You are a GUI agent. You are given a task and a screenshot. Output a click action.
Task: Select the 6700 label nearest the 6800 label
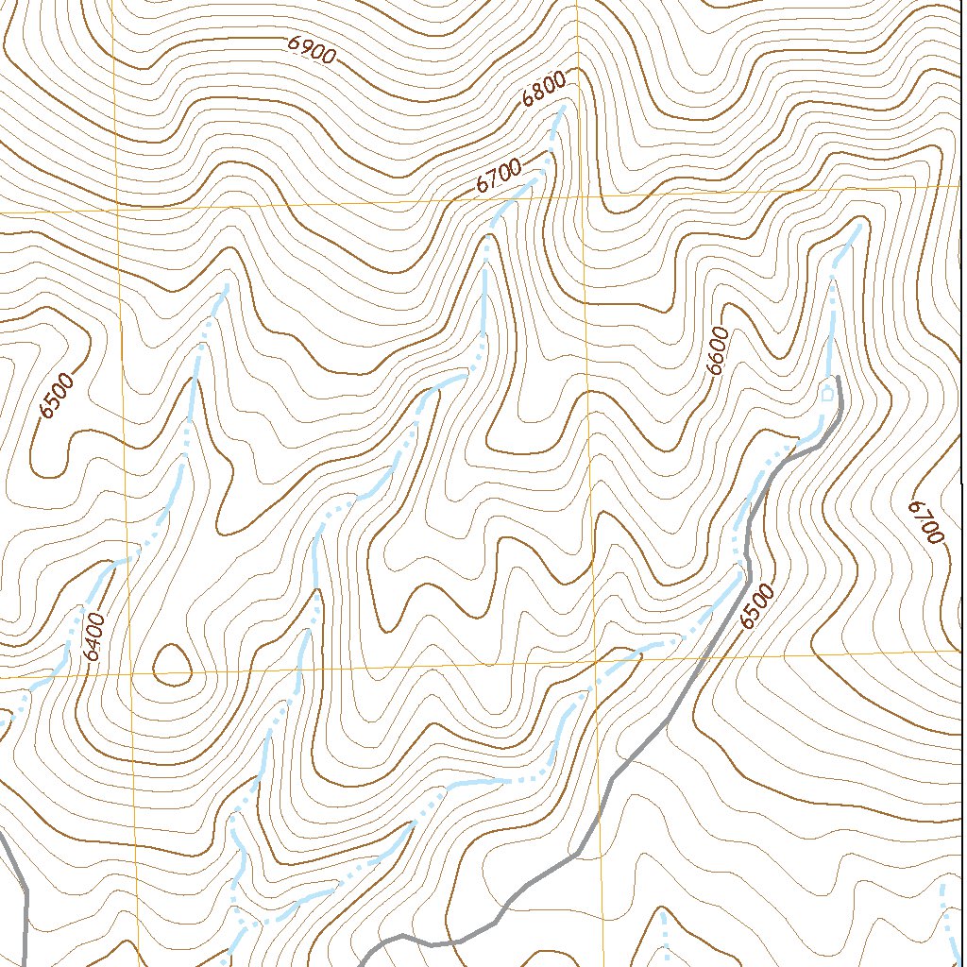click(x=498, y=178)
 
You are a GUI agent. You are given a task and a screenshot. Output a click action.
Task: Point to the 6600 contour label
click(x=719, y=351)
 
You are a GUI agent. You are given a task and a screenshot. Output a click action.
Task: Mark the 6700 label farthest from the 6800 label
click(x=926, y=521)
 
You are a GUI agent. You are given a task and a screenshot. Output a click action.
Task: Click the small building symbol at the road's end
click(x=827, y=395)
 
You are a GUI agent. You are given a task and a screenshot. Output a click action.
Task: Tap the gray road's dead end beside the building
click(x=838, y=378)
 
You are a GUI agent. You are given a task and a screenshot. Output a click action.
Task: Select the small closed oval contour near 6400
click(x=172, y=662)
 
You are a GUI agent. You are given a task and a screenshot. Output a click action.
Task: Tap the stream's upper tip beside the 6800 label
click(x=564, y=107)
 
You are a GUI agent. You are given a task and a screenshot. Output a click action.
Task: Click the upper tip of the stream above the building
click(x=860, y=223)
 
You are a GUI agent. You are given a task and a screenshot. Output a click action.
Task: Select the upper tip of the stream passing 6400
click(x=227, y=285)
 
